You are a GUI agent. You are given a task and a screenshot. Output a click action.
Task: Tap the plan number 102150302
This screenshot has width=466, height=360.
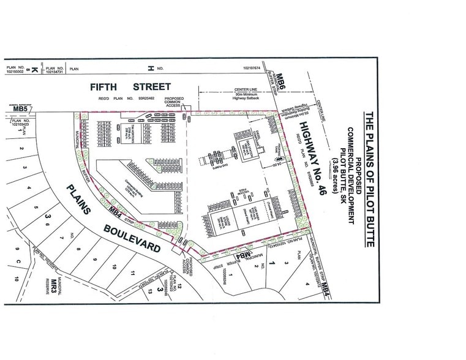point(13,72)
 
